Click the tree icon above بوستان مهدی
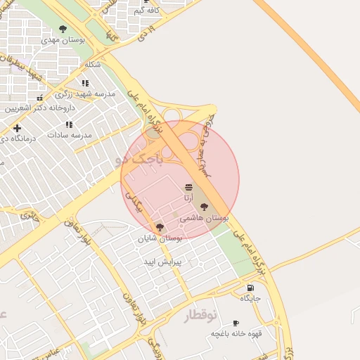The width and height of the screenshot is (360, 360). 63,29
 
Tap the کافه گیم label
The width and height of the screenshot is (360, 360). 146,11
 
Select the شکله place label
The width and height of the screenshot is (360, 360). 93,64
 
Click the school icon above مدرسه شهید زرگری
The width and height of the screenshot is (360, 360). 86,83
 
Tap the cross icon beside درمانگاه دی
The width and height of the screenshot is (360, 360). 17,127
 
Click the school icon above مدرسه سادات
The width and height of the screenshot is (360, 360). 69,124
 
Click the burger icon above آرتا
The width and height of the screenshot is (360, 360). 188,188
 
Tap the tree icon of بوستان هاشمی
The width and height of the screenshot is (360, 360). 204,207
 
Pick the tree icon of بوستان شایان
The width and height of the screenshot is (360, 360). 160,227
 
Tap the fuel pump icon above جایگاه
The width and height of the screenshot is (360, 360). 250,288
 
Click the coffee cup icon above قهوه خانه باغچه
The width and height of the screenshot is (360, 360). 236,323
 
